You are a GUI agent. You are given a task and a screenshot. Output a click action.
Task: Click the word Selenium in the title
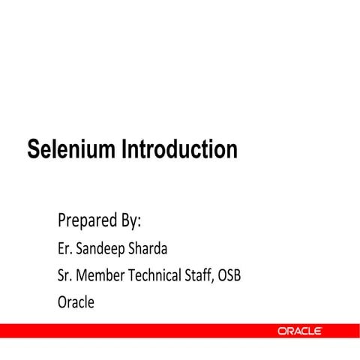coord(68,150)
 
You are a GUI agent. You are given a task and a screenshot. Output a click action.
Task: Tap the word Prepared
coord(85,222)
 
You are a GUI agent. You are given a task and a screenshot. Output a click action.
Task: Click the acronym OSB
coord(230,275)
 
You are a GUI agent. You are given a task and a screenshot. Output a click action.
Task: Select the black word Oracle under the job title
coord(76,302)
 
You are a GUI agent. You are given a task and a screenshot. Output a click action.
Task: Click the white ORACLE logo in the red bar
coord(300,331)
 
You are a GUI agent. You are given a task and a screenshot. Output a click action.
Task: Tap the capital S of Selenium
coord(33,150)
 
